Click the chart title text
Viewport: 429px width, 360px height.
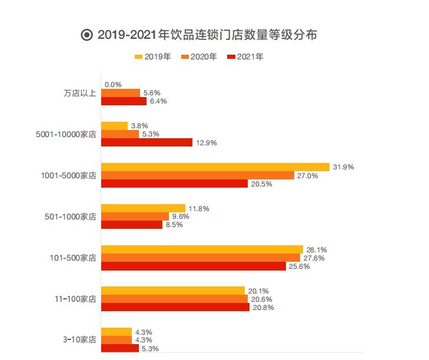click(x=207, y=35)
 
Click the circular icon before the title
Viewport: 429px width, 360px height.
click(x=87, y=35)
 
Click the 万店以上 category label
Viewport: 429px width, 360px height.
click(x=79, y=93)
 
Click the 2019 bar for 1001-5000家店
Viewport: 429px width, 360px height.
click(x=215, y=167)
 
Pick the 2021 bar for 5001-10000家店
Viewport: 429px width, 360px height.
click(x=147, y=142)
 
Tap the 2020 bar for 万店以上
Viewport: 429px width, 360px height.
click(x=121, y=93)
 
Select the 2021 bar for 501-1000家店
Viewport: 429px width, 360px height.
click(x=131, y=225)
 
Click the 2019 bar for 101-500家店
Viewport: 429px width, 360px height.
click(x=202, y=249)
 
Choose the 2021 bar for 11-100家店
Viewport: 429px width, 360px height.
click(x=175, y=307)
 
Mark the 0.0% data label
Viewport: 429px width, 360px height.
click(x=113, y=85)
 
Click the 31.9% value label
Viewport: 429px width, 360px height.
click(x=343, y=167)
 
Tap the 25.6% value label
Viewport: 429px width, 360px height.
click(x=299, y=266)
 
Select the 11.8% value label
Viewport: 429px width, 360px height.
click(x=199, y=208)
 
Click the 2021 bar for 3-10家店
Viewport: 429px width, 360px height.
click(x=120, y=348)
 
